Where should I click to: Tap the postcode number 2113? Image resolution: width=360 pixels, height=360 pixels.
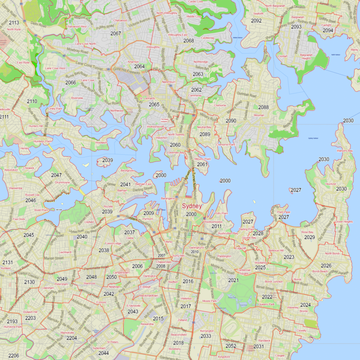pyautogui.click(x=14, y=22)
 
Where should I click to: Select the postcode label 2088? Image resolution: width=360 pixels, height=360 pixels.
pyautogui.click(x=263, y=107)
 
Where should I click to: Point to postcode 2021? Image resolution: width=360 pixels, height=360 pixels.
pyautogui.click(x=233, y=280)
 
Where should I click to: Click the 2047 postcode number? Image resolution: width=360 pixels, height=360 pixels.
pyautogui.click(x=56, y=175)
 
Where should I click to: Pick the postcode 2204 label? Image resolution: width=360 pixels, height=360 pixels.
pyautogui.click(x=72, y=337)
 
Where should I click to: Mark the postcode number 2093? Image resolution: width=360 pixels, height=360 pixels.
pyautogui.click(x=296, y=27)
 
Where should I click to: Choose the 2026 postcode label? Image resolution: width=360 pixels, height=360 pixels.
pyautogui.click(x=326, y=266)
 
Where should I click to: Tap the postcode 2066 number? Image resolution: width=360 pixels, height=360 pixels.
pyautogui.click(x=71, y=83)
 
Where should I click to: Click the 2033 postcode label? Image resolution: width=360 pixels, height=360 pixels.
pyautogui.click(x=206, y=336)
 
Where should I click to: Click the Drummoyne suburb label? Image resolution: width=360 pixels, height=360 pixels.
pyautogui.click(x=63, y=182)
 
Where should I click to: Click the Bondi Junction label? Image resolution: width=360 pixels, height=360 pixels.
pyautogui.click(x=274, y=281)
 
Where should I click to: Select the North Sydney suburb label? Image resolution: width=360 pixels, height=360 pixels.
pyautogui.click(x=177, y=134)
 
